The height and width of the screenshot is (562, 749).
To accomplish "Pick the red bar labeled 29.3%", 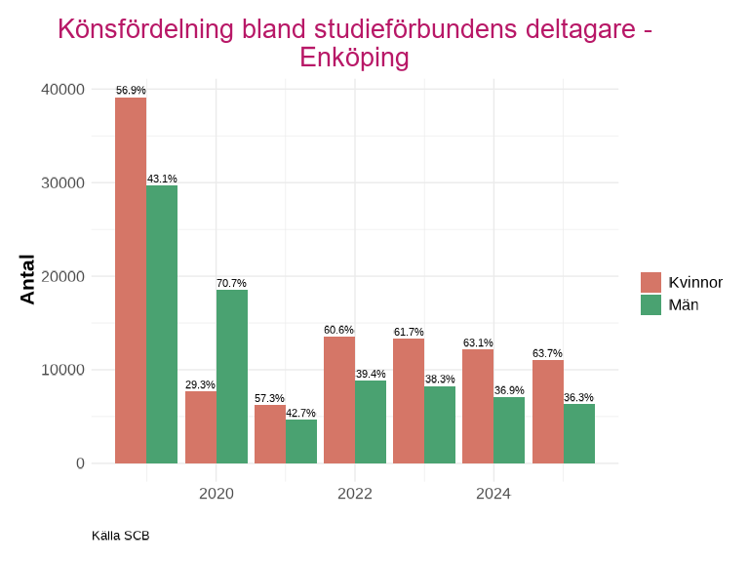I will (x=201, y=427).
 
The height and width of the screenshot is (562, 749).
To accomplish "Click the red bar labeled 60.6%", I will (x=339, y=400).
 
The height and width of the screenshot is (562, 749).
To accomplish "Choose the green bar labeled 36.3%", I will (x=579, y=433).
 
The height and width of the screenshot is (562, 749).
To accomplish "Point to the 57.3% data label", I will (x=269, y=399).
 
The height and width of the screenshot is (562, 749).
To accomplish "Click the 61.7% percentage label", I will (x=409, y=333).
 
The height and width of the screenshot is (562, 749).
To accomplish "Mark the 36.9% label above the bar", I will (x=509, y=390).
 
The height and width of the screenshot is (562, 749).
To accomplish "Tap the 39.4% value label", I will (x=371, y=374).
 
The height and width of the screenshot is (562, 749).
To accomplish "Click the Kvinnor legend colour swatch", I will (x=650, y=283).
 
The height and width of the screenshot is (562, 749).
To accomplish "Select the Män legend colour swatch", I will (x=650, y=304).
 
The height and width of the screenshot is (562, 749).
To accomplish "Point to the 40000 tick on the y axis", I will (x=63, y=90).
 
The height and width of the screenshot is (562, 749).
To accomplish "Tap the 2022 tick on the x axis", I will (x=355, y=494).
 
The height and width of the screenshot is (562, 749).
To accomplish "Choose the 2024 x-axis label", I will (x=493, y=494).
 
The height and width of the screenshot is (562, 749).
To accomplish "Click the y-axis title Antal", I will (x=28, y=279).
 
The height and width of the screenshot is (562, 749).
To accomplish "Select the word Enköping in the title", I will (x=354, y=58).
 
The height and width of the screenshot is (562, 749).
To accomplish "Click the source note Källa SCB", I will (x=120, y=536).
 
